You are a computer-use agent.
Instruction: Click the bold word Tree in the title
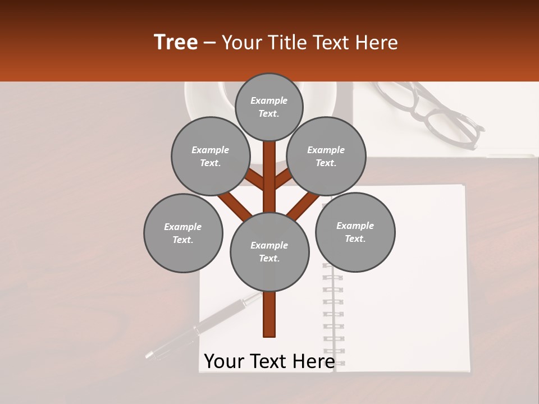click(x=176, y=43)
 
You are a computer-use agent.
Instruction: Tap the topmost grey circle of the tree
click(x=269, y=107)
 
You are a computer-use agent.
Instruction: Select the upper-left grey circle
click(x=211, y=156)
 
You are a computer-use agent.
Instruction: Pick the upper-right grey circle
click(x=326, y=156)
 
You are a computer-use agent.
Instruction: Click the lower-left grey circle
click(x=183, y=233)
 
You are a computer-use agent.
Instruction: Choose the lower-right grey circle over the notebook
click(x=355, y=232)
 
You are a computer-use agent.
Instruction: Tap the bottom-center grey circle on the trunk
click(x=269, y=252)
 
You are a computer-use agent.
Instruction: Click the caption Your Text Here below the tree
click(x=269, y=361)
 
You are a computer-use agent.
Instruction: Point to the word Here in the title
click(x=378, y=43)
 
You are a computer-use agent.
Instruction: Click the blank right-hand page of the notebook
click(x=404, y=314)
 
